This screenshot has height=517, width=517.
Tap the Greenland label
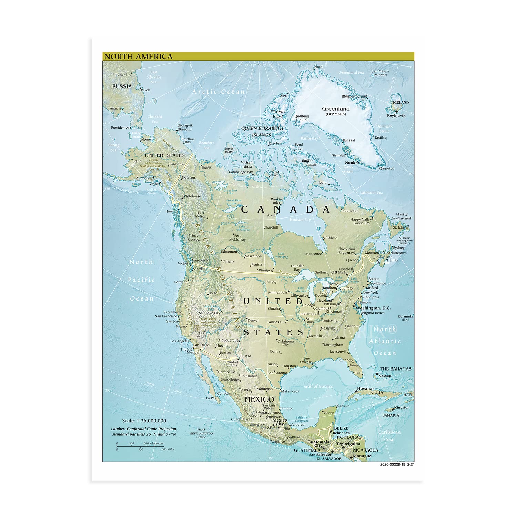click(335, 109)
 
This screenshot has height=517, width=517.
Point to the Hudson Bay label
click(300, 220)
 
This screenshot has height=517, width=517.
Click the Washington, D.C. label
click(373, 308)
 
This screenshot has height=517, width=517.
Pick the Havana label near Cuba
click(364, 389)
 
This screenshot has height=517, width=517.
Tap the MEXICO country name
click(259, 399)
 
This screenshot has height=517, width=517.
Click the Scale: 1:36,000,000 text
click(144, 420)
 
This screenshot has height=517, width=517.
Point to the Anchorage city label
click(144, 178)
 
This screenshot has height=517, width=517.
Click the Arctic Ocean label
click(218, 92)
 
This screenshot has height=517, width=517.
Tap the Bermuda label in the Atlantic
click(405, 316)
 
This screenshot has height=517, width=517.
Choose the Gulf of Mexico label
click(318, 386)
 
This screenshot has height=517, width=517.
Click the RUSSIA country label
click(122, 86)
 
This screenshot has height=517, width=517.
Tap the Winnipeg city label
click(265, 270)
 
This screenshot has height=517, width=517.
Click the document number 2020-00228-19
click(392, 464)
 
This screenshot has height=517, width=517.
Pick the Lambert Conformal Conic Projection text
click(144, 429)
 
